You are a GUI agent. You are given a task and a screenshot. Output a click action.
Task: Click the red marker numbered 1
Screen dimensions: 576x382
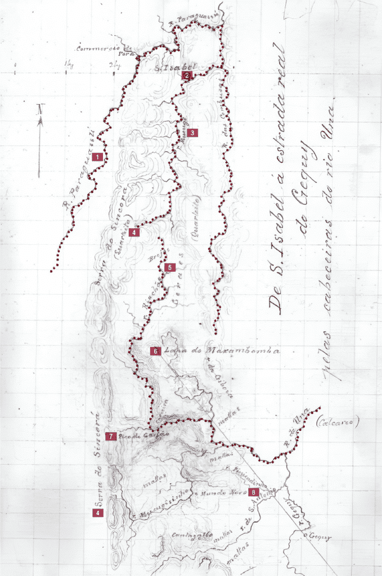click(x=99, y=157)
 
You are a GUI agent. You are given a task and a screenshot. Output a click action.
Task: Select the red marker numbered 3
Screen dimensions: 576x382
click(x=192, y=133)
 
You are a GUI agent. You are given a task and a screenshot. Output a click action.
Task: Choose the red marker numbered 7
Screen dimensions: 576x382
click(x=111, y=436)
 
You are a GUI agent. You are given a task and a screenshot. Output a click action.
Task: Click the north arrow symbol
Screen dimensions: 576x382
click(x=40, y=141)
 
